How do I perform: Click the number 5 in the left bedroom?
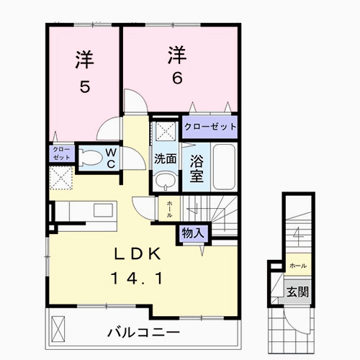84,87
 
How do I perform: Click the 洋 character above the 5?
84,60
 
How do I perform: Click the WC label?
112,158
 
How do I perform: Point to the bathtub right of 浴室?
223,166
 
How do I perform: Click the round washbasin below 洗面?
166,181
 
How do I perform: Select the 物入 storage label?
192,233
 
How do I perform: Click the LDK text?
141,254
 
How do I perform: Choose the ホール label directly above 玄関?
297,266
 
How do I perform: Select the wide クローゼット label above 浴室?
210,127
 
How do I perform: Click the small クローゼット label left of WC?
60,153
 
